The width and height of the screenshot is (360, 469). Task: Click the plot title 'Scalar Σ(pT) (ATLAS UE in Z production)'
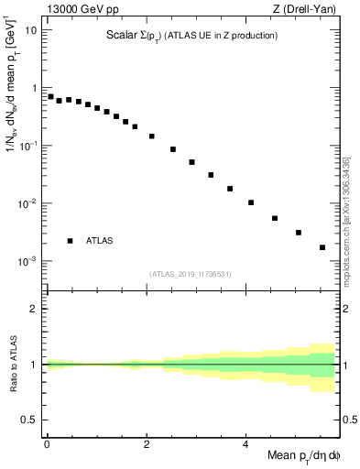pyautogui.click(x=190, y=36)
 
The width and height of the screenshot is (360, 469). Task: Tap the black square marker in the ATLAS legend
pyautogui.click(x=70, y=241)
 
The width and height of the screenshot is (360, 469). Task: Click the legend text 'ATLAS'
pyautogui.click(x=100, y=241)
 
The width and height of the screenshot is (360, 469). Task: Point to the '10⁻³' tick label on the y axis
pyautogui.click(x=27, y=261)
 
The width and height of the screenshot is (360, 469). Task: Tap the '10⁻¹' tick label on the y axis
pyautogui.click(x=27, y=146)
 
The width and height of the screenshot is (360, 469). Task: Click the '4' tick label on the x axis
pyautogui.click(x=245, y=443)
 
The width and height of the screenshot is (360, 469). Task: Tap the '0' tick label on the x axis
pyautogui.click(x=47, y=443)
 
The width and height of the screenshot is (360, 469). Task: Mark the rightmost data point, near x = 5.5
pyautogui.click(x=322, y=247)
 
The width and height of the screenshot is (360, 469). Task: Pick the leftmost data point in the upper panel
pyautogui.click(x=50, y=96)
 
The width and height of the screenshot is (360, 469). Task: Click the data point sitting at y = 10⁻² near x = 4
pyautogui.click(x=251, y=202)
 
